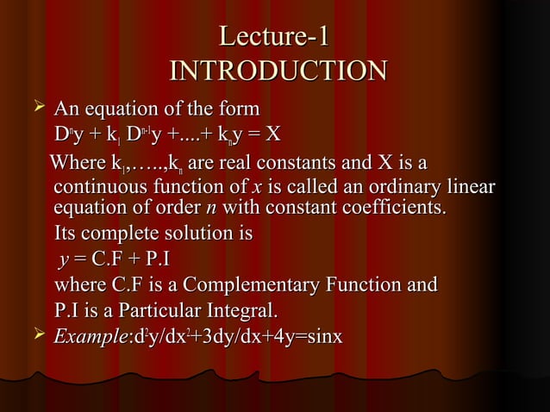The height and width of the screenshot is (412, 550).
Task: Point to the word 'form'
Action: click(x=238, y=110)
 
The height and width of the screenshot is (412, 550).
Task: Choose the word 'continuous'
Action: click(x=97, y=187)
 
